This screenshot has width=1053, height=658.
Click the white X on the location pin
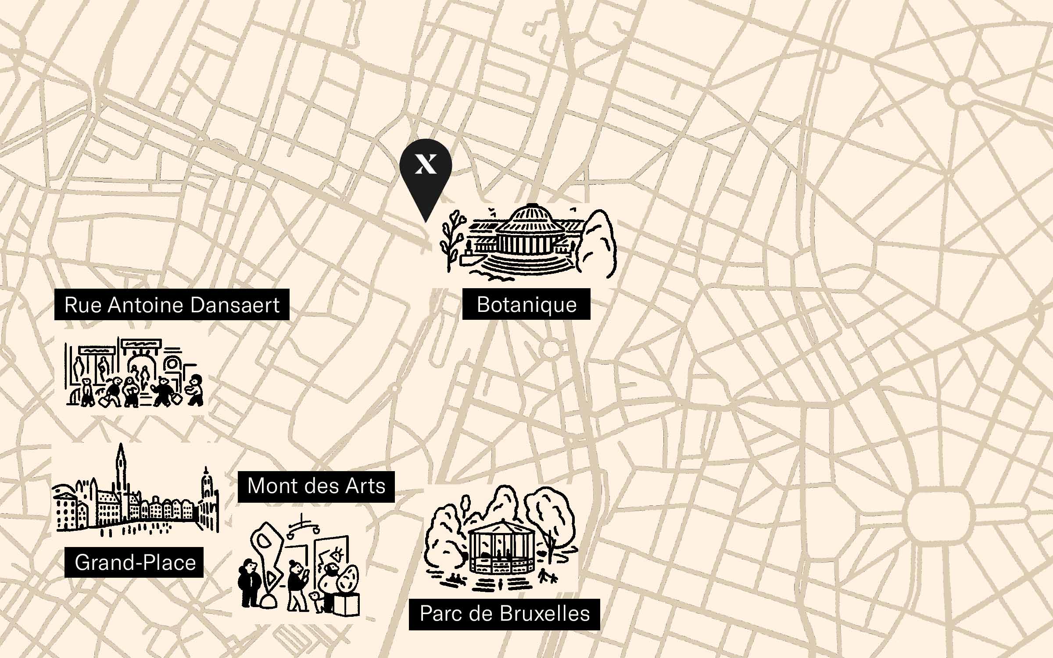pos(426,164)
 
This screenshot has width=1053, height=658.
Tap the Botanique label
pos(526,304)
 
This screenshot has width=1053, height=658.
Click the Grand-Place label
pos(134,562)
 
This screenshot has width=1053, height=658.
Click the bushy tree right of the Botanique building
pos(597,243)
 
